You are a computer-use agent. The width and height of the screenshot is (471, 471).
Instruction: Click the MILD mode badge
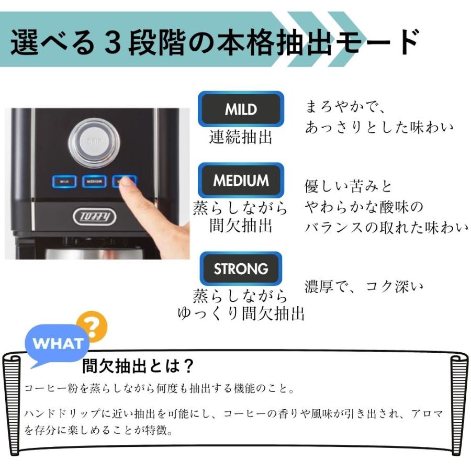tap(241, 109)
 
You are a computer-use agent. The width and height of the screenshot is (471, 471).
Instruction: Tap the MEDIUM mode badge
tap(241, 181)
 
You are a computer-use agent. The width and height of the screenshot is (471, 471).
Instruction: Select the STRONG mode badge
tap(241, 269)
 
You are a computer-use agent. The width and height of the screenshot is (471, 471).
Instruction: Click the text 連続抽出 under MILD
tap(241, 137)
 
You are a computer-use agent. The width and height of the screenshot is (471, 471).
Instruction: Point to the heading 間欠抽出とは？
tap(139, 365)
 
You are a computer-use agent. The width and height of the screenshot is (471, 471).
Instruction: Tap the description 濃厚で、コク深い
tap(364, 287)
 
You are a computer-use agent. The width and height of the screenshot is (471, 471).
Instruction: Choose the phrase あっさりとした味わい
tap(379, 127)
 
